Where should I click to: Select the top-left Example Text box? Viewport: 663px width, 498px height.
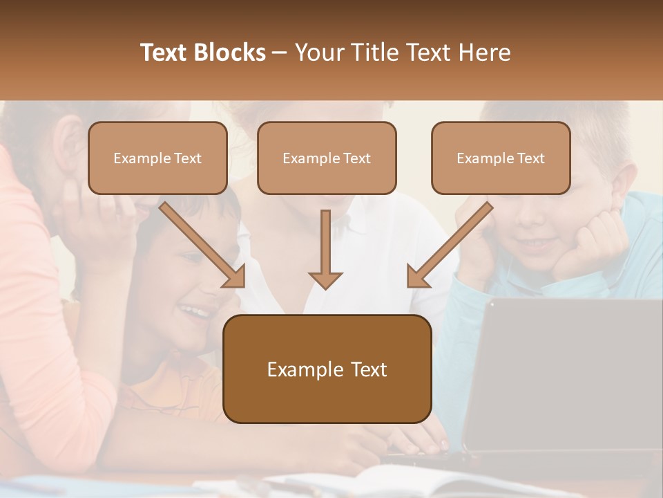pyautogui.click(x=157, y=158)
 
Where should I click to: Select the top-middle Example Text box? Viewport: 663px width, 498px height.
pyautogui.click(x=327, y=158)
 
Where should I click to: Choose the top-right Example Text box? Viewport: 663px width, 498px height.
pyautogui.click(x=501, y=158)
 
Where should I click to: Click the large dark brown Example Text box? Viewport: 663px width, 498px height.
pyautogui.click(x=327, y=369)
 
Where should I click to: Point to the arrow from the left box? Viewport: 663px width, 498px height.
pyautogui.click(x=204, y=246)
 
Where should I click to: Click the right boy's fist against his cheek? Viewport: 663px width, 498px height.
pyautogui.click(x=594, y=242)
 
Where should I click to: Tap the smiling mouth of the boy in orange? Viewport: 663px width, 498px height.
pyautogui.click(x=195, y=311)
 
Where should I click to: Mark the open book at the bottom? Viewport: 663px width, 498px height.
pyautogui.click(x=387, y=481)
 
